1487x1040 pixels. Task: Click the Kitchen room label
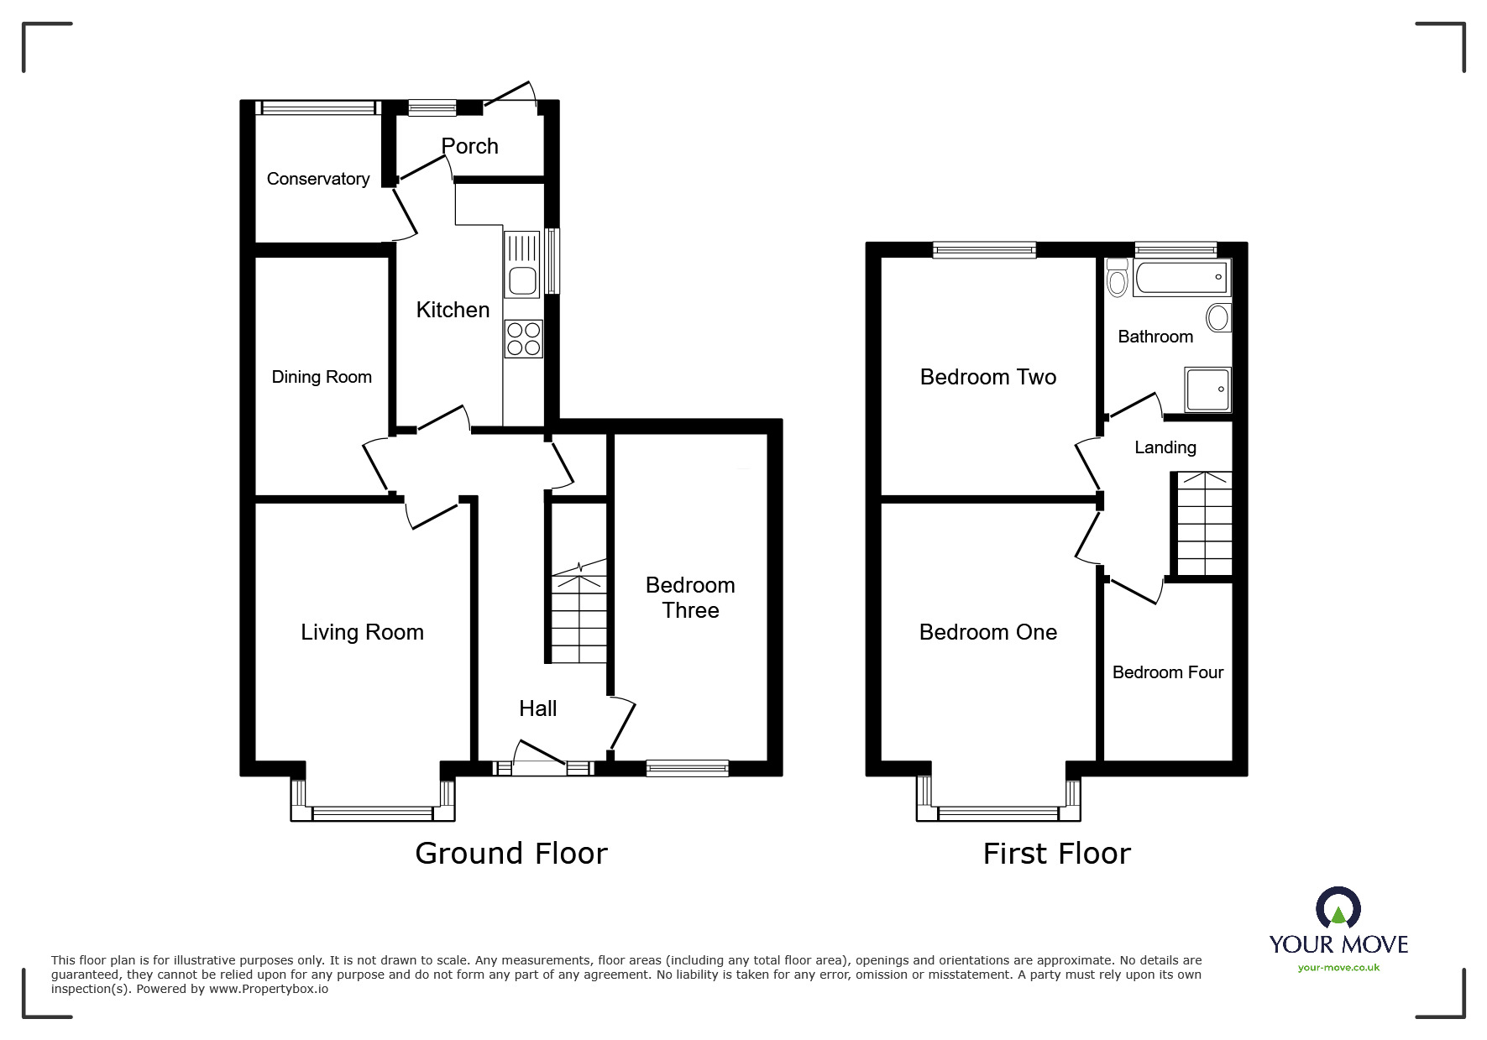pos(453,310)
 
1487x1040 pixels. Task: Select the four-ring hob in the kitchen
pos(523,338)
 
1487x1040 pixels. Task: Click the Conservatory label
pos(317,179)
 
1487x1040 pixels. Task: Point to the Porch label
pos(469,146)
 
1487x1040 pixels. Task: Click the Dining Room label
pos(322,377)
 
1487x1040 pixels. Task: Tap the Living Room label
pos(362,632)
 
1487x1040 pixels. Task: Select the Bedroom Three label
pos(690,598)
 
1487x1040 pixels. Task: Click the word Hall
pos(537,708)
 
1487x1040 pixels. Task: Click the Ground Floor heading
pos(511,854)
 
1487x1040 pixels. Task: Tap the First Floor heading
pos(1056,854)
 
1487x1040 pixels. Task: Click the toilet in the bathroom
pos(1117,278)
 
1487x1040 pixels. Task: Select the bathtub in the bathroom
pos(1181,278)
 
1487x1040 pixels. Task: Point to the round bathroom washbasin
pos(1217,317)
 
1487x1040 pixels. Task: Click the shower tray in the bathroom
pos(1207,389)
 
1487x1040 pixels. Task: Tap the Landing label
pos(1165,447)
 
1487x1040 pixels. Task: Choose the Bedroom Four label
pos(1167,672)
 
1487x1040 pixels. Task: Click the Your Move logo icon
pos(1338,909)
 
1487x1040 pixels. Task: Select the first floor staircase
pos(1204,524)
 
